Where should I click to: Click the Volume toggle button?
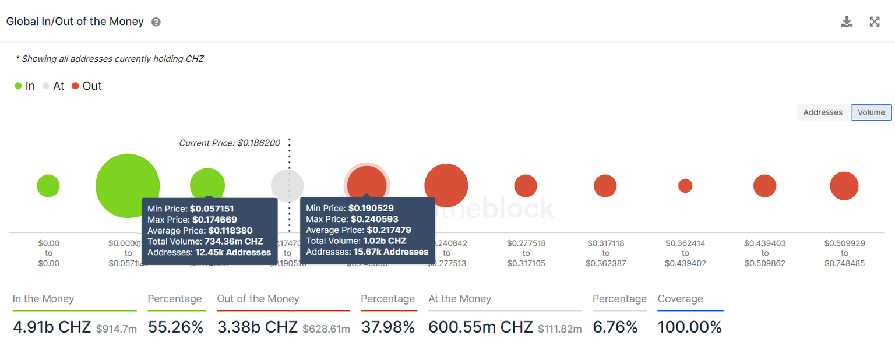871,112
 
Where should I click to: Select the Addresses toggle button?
823,112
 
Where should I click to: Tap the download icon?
847,22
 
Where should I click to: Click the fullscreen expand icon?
875,22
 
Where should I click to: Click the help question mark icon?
156,22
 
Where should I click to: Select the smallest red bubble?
685,186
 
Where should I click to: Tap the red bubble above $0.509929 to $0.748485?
844,186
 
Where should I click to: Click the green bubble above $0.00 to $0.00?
48,186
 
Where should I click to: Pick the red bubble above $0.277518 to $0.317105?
526,186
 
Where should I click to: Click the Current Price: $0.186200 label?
229,143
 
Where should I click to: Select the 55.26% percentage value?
175,327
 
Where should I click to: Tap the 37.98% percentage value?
387,327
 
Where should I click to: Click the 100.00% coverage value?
689,327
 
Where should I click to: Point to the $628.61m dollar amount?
326,329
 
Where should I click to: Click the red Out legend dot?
75,86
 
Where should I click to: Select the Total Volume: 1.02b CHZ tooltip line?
356,241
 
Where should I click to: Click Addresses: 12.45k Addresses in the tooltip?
209,252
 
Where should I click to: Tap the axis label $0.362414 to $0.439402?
685,253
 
